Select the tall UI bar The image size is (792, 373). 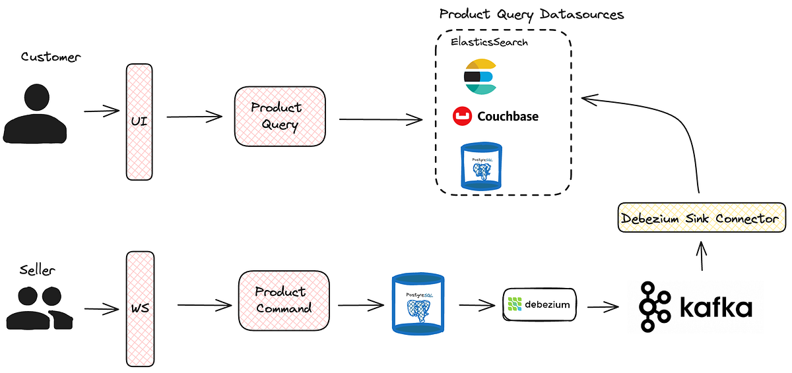139,122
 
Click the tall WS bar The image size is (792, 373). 139,309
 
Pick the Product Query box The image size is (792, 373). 280,116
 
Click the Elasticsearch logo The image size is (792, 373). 479,76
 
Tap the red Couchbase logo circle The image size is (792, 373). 461,117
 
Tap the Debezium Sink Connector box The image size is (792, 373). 702,219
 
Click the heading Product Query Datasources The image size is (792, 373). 531,14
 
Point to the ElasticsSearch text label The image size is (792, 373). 490,42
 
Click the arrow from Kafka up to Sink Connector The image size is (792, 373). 702,256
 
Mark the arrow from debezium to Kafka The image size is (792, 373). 603,306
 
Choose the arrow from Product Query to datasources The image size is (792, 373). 380,119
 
